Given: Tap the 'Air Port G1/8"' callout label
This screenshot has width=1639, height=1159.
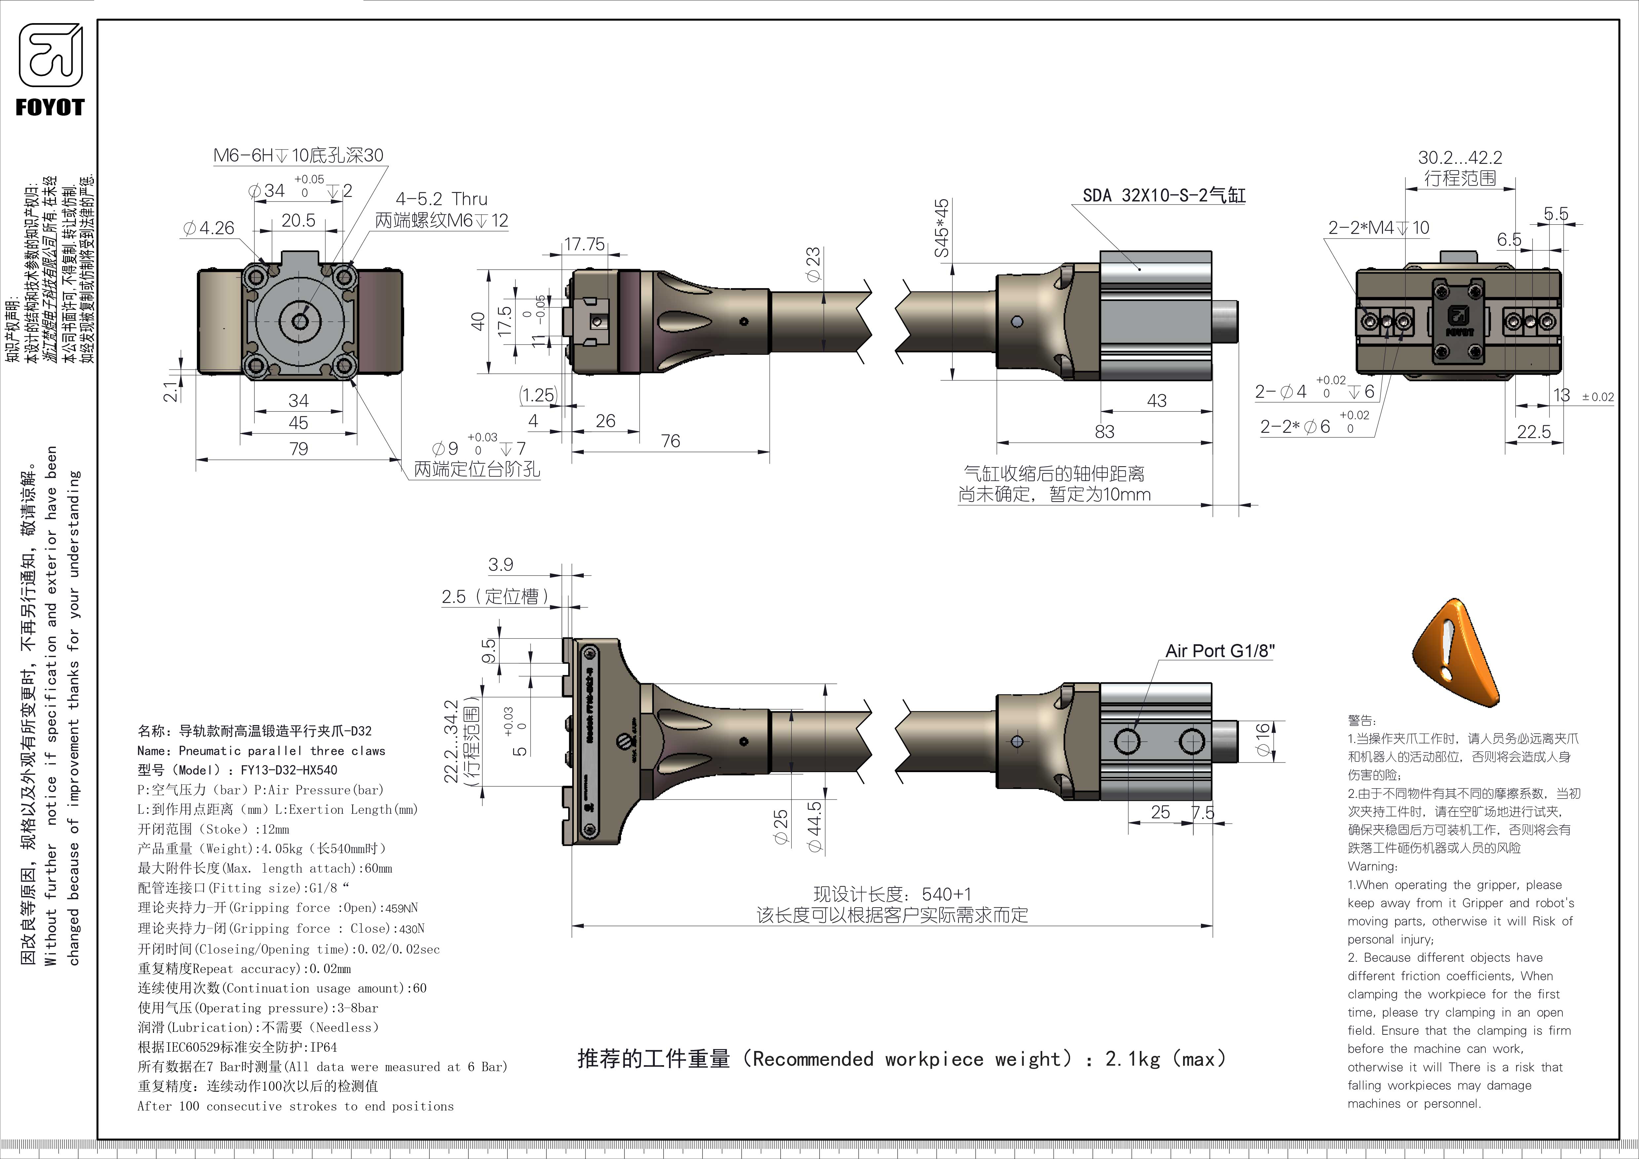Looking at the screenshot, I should click(1219, 651).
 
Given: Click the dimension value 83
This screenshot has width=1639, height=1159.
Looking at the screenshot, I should click(1104, 432).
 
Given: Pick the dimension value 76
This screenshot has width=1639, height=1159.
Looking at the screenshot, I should click(670, 441).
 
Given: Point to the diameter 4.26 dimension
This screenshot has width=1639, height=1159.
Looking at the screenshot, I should click(208, 228).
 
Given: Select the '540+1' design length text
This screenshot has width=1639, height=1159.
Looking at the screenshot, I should click(946, 894).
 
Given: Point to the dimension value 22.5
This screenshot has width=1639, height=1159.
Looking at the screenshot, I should click(1533, 432).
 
